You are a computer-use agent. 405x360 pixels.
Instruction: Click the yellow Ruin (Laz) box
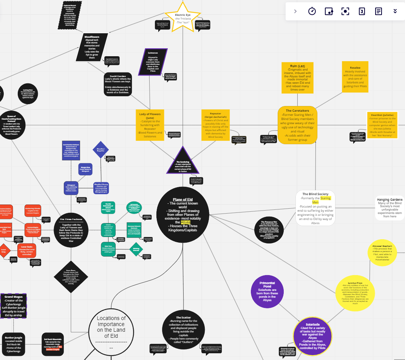pyautogui.click(x=297, y=77)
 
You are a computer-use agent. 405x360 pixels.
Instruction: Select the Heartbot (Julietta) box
pyautogui.click(x=382, y=125)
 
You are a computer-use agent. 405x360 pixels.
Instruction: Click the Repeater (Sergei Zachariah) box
pyautogui.click(x=216, y=125)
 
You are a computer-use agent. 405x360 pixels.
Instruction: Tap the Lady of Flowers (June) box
pyautogui.click(x=150, y=125)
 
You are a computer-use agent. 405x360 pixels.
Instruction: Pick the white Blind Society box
pyautogui.click(x=315, y=208)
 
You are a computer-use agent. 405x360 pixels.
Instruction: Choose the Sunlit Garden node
pyautogui.click(x=118, y=84)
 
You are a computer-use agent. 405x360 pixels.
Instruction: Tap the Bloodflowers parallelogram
pyautogui.click(x=92, y=47)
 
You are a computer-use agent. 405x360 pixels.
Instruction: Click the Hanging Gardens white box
pyautogui.click(x=389, y=208)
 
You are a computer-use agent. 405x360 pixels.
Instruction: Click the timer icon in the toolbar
pyautogui.click(x=312, y=11)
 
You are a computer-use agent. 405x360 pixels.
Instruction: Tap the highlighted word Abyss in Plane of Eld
pyautogui.click(x=186, y=222)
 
